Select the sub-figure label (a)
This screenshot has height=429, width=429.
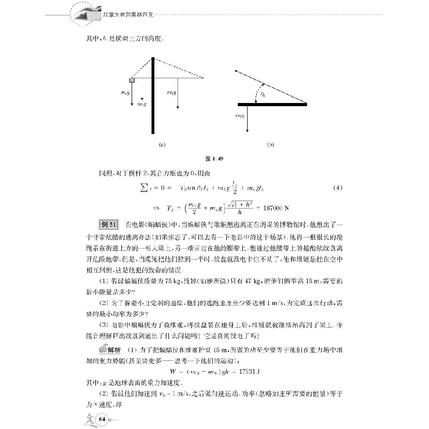pos(161,144)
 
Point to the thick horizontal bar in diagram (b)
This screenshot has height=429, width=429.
pos(272,104)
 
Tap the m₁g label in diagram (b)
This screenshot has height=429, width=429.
pos(240,115)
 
